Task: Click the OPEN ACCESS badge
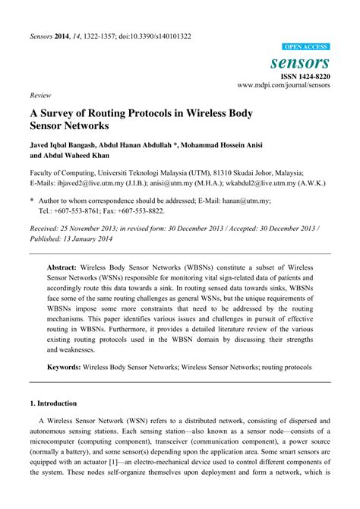307,46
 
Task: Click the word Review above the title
40,97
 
